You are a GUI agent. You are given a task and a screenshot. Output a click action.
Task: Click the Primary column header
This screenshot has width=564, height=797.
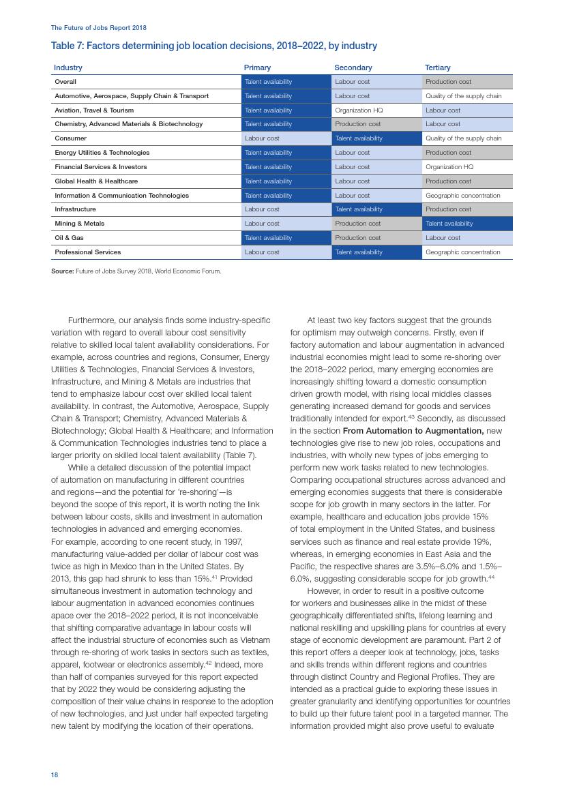tap(257, 67)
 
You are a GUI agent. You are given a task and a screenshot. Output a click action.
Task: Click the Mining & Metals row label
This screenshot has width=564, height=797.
tap(80, 224)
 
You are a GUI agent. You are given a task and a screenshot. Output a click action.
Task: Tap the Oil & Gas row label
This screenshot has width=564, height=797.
tap(69, 238)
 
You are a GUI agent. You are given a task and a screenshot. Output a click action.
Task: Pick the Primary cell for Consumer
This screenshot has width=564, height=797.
tap(286, 138)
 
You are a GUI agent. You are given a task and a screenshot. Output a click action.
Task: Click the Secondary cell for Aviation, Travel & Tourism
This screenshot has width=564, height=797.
tap(376, 110)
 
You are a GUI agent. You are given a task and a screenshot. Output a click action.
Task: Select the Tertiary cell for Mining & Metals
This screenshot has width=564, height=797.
tap(467, 224)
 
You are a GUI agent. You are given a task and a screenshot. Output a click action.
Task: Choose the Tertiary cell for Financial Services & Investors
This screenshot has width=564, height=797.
tap(467, 167)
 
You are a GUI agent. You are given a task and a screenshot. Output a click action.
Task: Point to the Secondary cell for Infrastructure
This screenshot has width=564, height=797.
tap(376, 209)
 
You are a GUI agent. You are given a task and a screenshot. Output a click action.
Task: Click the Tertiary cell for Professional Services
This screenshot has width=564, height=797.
tap(467, 252)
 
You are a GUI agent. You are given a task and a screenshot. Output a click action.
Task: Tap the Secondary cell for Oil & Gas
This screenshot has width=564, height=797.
tap(376, 238)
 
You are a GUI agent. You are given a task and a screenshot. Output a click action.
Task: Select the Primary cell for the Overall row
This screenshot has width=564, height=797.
tap(286, 82)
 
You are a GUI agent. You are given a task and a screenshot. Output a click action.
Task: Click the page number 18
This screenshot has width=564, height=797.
tap(55, 775)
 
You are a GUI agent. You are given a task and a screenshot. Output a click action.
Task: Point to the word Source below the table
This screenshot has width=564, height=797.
tap(62, 271)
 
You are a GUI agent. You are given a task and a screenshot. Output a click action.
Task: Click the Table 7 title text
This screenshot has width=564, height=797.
tap(213, 46)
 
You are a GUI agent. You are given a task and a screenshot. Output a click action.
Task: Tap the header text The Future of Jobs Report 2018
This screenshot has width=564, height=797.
tap(99, 28)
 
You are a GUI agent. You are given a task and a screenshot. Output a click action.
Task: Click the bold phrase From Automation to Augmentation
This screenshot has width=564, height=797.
tap(413, 431)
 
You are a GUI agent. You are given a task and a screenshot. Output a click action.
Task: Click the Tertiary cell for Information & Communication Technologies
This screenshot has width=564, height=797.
tap(467, 196)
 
